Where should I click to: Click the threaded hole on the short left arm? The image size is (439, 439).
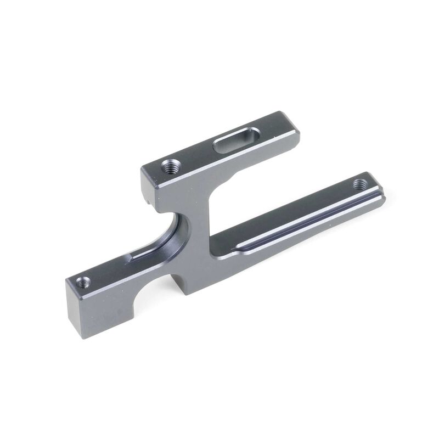(84, 283)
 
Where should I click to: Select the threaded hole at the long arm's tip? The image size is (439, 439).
(361, 184)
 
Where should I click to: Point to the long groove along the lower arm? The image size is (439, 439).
(307, 215)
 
